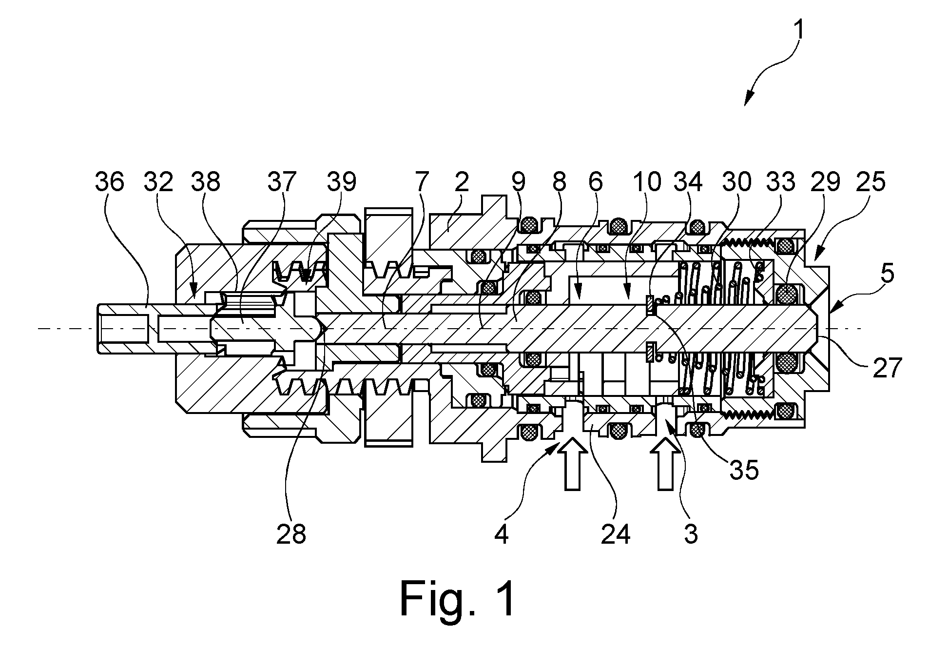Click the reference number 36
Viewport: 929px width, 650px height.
110,182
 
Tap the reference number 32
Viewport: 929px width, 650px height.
158,182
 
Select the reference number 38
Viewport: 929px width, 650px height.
206,182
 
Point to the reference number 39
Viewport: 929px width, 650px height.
341,182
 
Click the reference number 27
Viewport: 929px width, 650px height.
887,368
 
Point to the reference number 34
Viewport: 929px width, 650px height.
688,182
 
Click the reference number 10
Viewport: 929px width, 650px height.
646,182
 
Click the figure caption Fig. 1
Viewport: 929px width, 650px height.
458,598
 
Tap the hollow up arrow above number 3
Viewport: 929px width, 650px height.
666,463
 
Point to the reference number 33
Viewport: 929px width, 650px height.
780,182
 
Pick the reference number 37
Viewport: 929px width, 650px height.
282,182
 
